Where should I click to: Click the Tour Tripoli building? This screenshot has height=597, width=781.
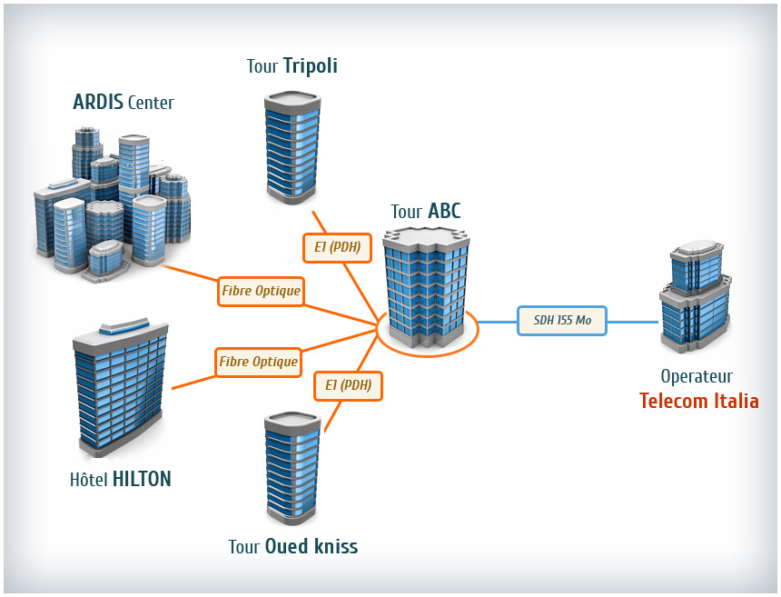point(292,147)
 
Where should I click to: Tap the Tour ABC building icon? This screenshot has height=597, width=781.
point(426,287)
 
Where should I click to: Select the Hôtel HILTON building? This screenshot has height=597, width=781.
point(121,386)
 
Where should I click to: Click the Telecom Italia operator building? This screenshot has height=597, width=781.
point(696,296)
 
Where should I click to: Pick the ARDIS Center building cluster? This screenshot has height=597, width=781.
point(113,204)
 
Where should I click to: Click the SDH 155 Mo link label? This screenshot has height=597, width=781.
point(562,321)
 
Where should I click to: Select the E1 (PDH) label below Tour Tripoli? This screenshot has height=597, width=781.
point(337,248)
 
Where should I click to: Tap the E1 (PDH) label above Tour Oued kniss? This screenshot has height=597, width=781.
point(348,385)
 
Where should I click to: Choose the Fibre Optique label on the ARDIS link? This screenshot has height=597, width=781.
point(261,291)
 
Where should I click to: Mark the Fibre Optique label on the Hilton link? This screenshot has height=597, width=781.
point(259,363)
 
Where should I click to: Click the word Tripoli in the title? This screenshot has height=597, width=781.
point(311,65)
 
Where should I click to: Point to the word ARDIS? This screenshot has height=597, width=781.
point(98,102)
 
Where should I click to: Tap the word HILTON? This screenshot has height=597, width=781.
point(142,479)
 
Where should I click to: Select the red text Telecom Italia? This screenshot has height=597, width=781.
point(699,401)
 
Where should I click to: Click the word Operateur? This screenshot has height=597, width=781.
point(697,376)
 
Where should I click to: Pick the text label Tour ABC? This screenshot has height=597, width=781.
point(426,212)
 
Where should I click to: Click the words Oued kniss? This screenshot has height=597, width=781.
point(311,546)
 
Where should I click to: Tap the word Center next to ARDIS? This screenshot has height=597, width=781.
point(151,103)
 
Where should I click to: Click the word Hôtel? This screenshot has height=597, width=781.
point(89,479)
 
